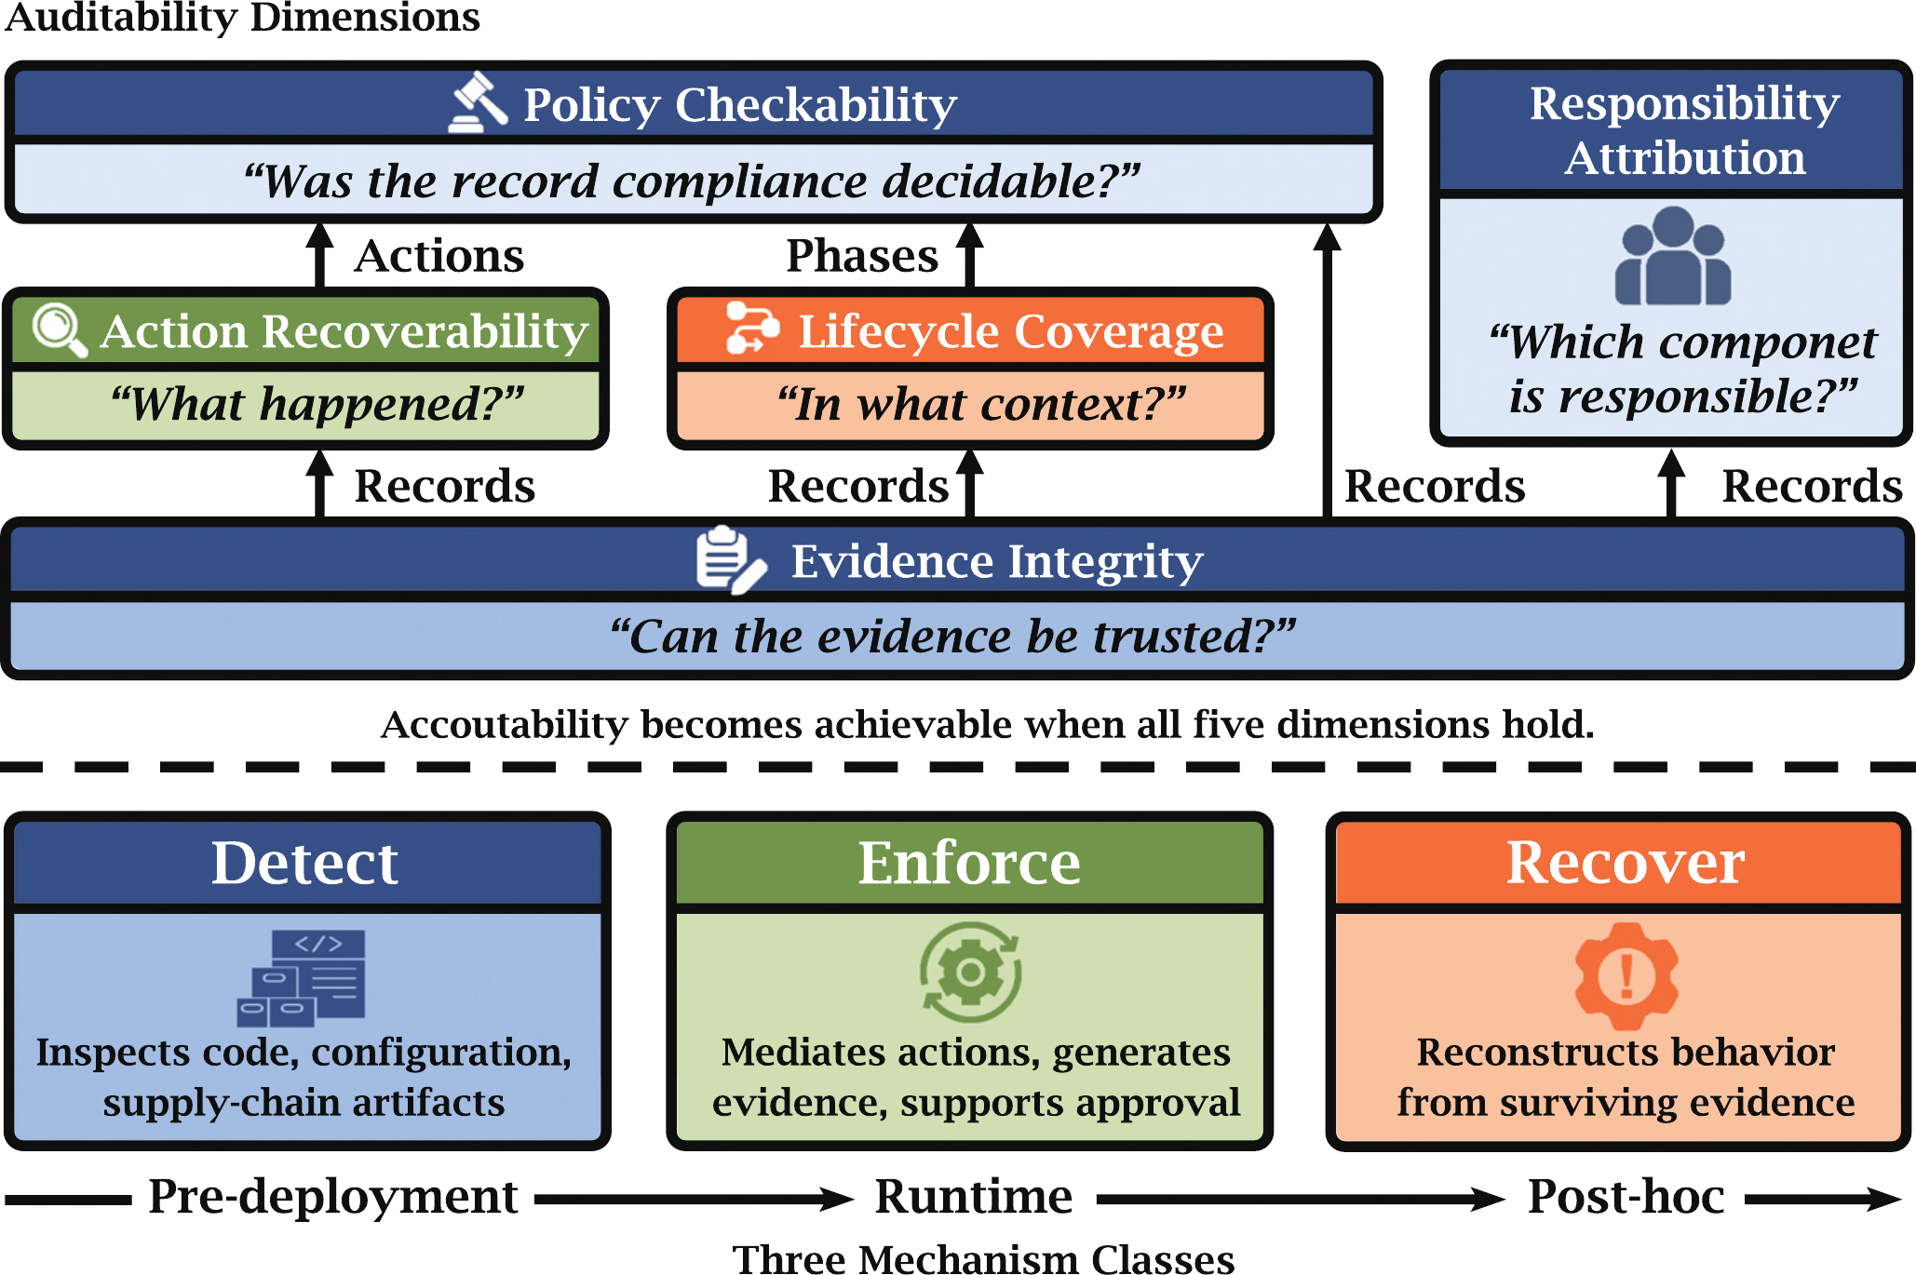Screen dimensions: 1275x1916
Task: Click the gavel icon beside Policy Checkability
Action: click(x=479, y=103)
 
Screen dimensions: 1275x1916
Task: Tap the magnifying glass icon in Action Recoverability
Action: click(x=60, y=330)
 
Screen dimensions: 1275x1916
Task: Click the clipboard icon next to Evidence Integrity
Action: click(x=730, y=560)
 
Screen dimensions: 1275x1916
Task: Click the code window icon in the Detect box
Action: click(x=303, y=977)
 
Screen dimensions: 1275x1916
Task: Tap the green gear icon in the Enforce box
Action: click(x=970, y=973)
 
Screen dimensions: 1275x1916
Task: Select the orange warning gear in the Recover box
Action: click(x=1626, y=975)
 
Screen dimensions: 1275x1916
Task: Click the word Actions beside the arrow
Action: click(x=439, y=256)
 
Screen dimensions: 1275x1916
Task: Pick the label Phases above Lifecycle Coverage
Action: click(x=861, y=256)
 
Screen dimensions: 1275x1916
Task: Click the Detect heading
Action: click(x=304, y=863)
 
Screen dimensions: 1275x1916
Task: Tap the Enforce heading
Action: click(x=968, y=863)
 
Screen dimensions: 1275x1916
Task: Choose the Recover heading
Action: click(x=1625, y=863)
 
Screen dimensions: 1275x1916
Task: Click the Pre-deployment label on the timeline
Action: click(x=332, y=1197)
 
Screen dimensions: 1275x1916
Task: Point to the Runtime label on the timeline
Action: click(x=973, y=1197)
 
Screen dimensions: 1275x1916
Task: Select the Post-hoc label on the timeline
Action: click(x=1626, y=1197)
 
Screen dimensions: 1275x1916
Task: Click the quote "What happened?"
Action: click(x=317, y=405)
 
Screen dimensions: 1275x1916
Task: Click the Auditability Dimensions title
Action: click(x=242, y=17)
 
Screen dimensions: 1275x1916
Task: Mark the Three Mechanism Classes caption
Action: click(x=983, y=1258)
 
